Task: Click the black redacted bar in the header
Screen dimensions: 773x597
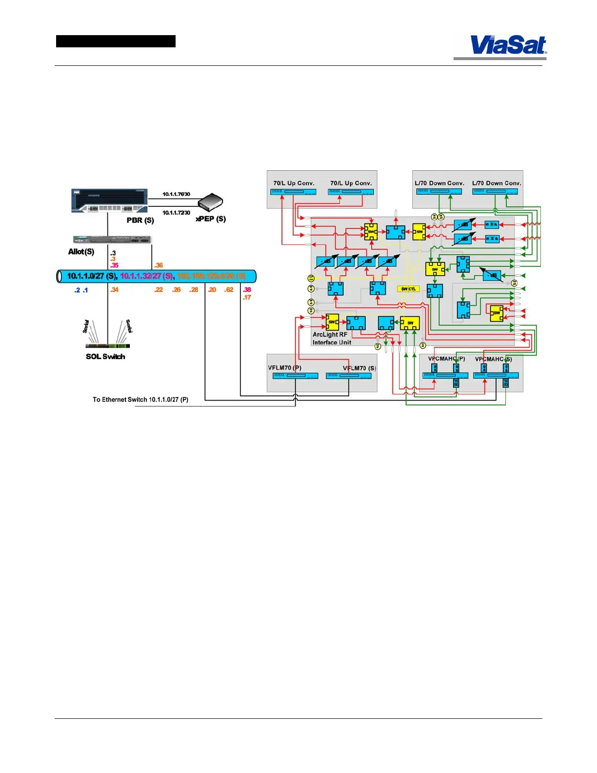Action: (116, 41)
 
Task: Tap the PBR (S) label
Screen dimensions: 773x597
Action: (140, 220)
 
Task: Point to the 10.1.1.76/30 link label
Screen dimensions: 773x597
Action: (176, 194)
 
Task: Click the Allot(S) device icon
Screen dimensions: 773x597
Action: (112, 240)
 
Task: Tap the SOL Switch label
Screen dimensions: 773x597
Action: (105, 357)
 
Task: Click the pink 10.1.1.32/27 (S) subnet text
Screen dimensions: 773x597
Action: (146, 276)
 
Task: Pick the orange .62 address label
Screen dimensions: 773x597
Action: (229, 290)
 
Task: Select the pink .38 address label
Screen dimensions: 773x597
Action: (247, 290)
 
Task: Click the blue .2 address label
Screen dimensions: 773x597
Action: (77, 290)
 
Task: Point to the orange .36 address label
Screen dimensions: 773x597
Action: (159, 265)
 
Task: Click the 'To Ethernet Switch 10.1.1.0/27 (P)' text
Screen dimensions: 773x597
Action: (140, 400)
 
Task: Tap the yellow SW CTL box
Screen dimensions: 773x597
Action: (408, 289)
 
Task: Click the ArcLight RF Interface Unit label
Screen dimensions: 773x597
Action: (331, 339)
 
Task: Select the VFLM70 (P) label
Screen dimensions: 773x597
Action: (284, 368)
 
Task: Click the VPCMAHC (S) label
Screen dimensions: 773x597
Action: (493, 359)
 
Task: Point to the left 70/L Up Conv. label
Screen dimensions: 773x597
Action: (294, 183)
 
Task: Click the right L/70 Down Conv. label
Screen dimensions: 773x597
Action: (497, 183)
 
